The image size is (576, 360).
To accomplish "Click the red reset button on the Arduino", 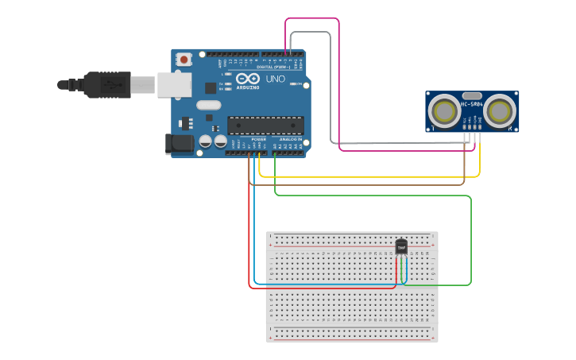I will click(184, 59).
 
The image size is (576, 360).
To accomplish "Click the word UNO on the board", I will click(275, 79).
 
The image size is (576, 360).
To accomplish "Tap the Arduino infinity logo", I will click(247, 79).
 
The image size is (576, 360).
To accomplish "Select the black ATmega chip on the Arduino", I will click(265, 125).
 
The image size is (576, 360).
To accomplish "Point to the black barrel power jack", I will click(179, 144).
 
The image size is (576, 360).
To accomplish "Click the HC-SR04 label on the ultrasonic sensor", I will click(472, 103).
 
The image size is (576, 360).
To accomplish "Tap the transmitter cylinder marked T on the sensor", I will click(443, 110).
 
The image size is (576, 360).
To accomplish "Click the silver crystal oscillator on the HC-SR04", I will click(472, 95).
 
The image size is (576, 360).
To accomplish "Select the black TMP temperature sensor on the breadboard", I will click(401, 246).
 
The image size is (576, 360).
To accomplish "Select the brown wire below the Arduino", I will click(358, 185).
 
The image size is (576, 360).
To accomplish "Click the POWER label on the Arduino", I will click(259, 139).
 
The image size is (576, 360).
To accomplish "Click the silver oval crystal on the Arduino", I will click(208, 105).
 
